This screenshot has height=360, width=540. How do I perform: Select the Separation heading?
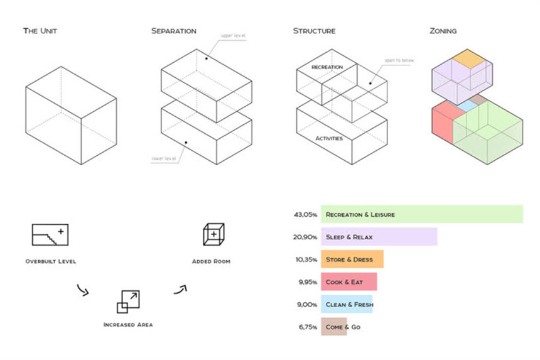[x=174, y=31]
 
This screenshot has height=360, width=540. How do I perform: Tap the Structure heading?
[x=314, y=31]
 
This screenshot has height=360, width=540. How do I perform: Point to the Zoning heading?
[x=443, y=31]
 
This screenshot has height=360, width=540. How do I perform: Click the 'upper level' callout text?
[x=233, y=36]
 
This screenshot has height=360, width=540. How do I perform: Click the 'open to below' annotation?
[x=397, y=62]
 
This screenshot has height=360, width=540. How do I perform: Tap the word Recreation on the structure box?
[x=327, y=67]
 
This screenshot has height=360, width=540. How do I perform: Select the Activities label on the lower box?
[x=328, y=138]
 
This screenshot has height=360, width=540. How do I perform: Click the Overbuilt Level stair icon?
[x=50, y=234]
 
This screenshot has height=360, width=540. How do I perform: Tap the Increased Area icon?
[x=128, y=302]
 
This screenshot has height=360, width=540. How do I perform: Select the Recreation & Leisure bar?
[x=421, y=214]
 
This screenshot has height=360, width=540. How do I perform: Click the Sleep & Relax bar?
[x=379, y=237]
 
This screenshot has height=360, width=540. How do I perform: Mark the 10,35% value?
[x=305, y=259]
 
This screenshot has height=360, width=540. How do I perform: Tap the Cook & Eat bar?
[x=348, y=282]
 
